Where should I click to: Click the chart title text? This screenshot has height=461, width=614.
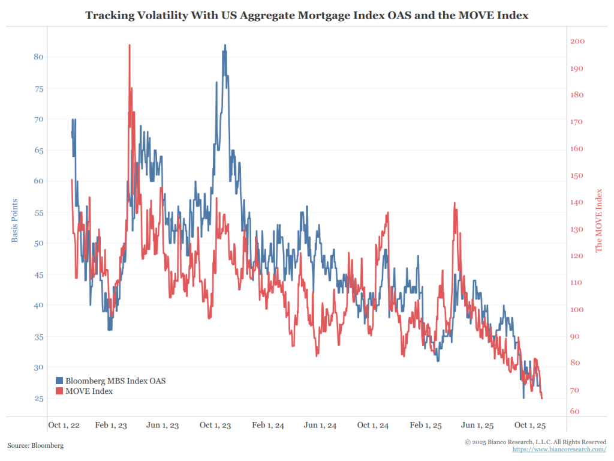point(306,15)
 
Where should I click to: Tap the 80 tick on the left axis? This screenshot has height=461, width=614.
point(38,57)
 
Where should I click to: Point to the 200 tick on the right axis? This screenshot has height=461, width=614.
point(576,41)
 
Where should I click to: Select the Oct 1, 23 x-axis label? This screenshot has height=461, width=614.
point(215,426)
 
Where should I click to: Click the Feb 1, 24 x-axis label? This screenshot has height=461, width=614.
point(268,426)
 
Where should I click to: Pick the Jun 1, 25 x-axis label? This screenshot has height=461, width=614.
point(478,426)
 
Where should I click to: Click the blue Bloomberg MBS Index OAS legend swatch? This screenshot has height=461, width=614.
point(59,381)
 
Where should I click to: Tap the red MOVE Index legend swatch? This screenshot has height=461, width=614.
point(59,391)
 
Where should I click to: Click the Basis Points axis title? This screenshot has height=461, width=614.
point(14,220)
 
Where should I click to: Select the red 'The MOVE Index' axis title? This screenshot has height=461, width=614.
point(598,220)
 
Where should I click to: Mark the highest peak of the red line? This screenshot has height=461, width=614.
point(130,45)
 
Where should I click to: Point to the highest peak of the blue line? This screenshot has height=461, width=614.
point(225,45)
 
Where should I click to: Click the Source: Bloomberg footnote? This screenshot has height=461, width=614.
point(35,445)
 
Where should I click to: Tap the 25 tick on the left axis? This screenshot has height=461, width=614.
point(38,399)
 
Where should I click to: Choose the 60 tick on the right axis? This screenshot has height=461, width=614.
point(574,412)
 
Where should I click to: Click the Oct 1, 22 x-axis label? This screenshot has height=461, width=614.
point(64,426)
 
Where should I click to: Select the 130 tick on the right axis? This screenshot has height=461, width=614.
point(576,229)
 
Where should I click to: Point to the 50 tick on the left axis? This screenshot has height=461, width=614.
point(38,243)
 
